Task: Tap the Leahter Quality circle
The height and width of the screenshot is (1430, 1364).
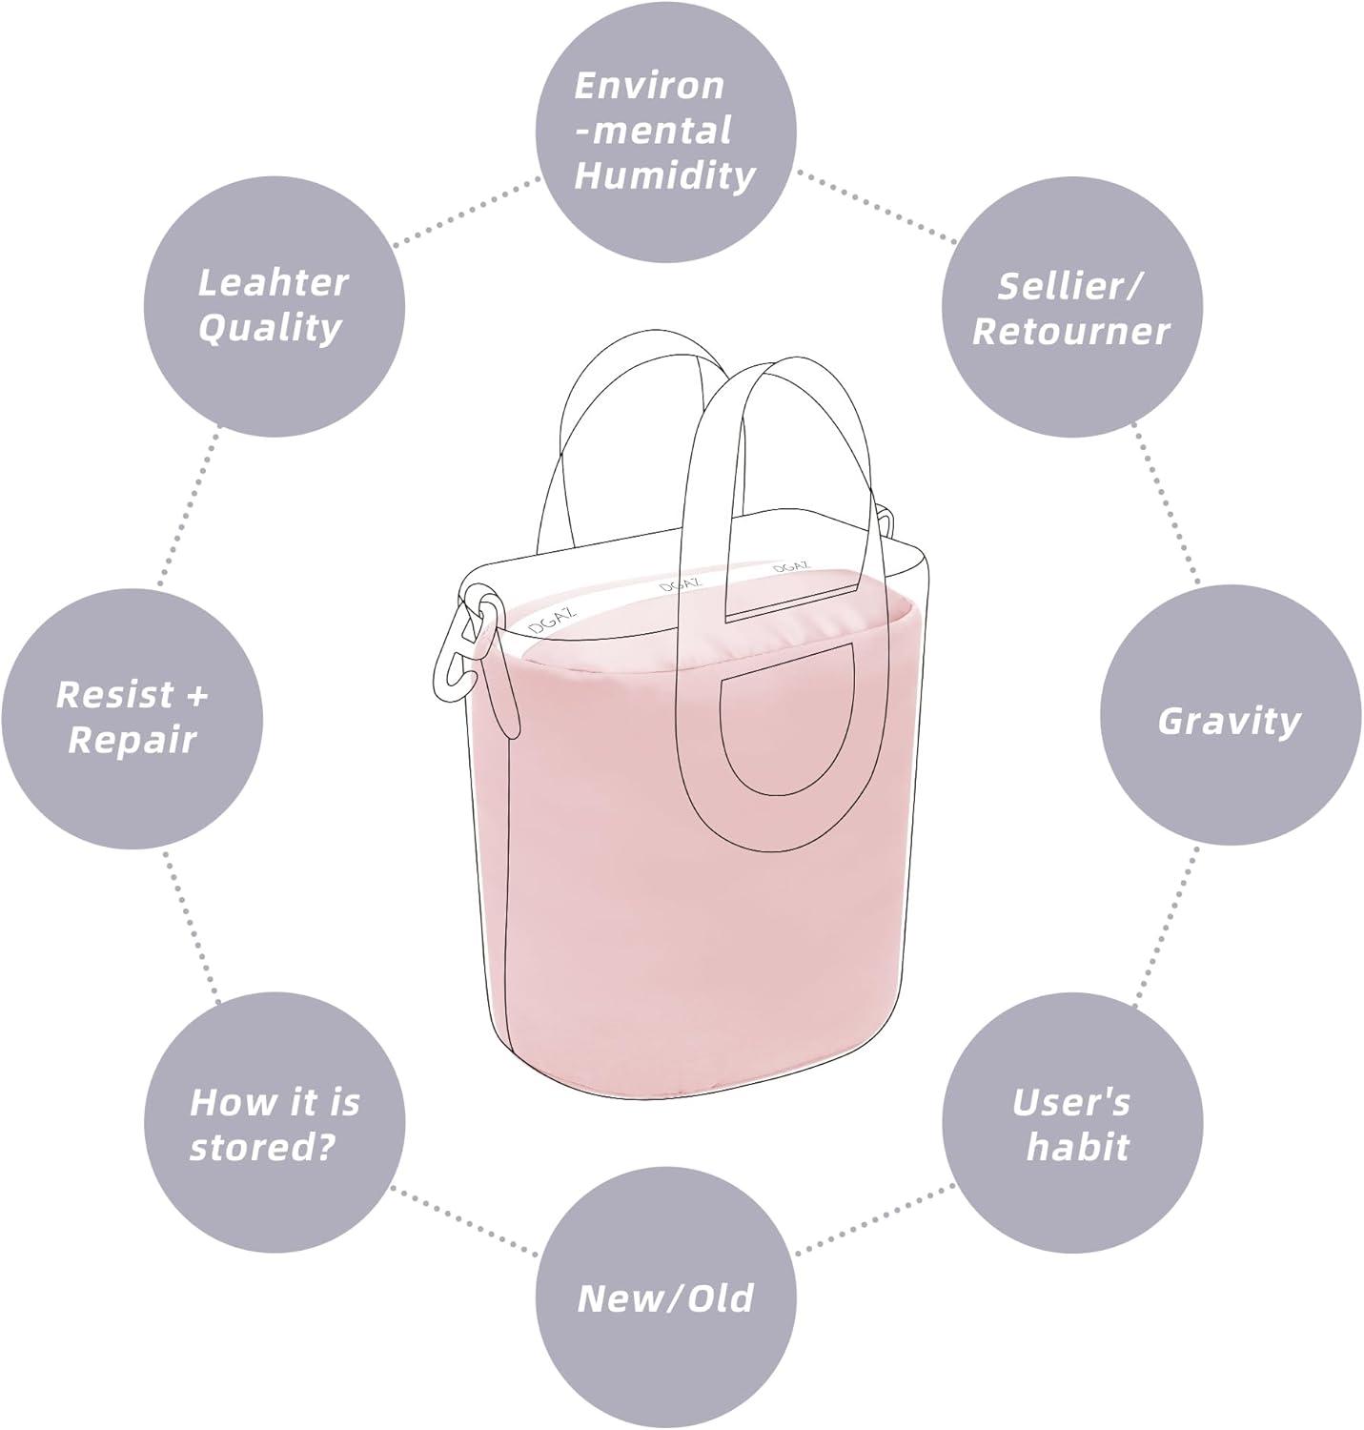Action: coord(275,306)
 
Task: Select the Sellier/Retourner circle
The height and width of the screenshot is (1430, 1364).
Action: coord(1072,306)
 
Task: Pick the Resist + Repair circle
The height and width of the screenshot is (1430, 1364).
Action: coord(132,717)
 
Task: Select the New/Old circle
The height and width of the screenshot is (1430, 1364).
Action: coord(664,1299)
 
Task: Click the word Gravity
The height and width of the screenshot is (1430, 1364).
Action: coord(1230,722)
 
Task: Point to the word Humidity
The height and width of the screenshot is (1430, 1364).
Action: coord(664,176)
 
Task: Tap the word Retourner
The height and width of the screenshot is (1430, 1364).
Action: coord(1070,331)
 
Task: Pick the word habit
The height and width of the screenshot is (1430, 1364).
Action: coord(1077,1147)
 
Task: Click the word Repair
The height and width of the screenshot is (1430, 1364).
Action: coord(132,741)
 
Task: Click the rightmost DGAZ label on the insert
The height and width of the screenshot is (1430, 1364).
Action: coord(791,567)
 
